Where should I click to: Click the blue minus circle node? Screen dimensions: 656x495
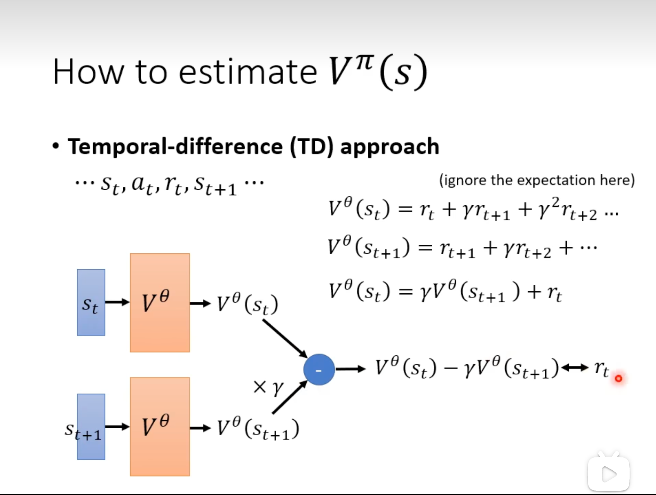319,369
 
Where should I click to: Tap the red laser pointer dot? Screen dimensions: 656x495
618,378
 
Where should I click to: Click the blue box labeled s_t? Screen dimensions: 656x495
91,302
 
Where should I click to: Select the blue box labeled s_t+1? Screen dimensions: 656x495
91,427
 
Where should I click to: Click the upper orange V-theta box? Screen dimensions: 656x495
160,303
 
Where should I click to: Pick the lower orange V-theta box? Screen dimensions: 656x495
160,427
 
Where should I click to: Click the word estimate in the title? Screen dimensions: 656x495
248,72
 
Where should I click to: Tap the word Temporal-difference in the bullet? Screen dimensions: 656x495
176,147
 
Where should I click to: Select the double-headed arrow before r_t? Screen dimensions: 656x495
575,367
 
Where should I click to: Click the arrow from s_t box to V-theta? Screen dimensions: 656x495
117,302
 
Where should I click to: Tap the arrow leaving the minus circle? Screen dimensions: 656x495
350,369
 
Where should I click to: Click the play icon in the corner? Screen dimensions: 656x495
609,474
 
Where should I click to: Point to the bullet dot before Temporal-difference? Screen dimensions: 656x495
56,147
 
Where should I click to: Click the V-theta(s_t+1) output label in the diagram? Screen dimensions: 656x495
258,429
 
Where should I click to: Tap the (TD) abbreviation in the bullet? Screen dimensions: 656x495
312,147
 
